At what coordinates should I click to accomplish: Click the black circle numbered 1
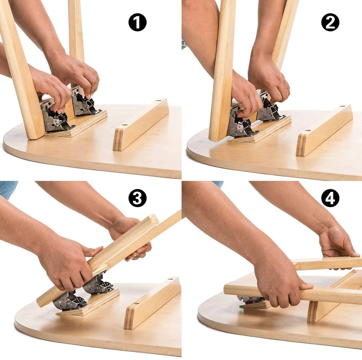point(137,23)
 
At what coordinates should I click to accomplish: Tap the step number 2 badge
point(330,23)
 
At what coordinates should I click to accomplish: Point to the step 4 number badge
point(330,198)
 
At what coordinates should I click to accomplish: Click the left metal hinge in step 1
point(56,118)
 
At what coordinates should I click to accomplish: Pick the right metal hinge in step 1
point(84,102)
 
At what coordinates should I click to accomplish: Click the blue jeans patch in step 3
point(8,189)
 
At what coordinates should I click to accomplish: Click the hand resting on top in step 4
point(337,243)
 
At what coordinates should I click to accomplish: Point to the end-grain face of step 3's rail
point(129,318)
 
